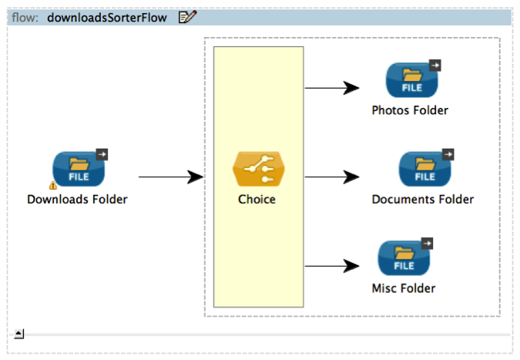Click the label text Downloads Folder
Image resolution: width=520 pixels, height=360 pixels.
[77, 200]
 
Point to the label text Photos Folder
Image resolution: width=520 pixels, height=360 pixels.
[410, 110]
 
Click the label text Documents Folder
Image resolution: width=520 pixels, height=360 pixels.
[422, 200]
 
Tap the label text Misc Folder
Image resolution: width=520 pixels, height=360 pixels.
[403, 289]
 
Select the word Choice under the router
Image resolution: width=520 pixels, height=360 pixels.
[257, 200]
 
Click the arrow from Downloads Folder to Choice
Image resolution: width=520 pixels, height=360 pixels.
[169, 177]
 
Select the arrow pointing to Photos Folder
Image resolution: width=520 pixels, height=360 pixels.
[332, 88]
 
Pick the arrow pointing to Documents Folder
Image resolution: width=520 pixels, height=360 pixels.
[332, 177]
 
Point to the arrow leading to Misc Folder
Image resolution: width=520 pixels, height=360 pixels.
[332, 267]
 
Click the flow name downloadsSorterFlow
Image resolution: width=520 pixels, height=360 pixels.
[106, 18]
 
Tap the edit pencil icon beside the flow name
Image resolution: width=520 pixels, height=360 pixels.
[187, 18]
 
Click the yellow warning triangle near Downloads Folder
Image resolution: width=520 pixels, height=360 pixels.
[52, 186]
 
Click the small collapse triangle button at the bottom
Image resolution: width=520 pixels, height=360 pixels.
[19, 334]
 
